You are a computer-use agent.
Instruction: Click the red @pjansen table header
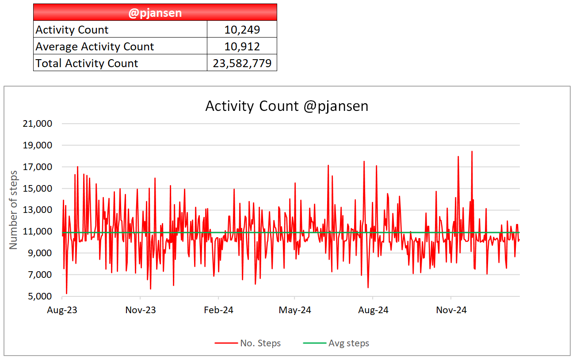coord(155,12)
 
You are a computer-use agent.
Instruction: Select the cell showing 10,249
coord(242,29)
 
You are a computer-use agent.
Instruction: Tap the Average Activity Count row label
coord(95,46)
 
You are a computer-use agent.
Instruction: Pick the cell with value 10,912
coord(242,46)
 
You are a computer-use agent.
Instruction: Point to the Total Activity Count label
coord(87,63)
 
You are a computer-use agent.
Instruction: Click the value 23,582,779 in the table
coord(242,63)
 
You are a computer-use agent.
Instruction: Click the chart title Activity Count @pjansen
coord(287,106)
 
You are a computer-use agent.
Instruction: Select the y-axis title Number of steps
coord(13,210)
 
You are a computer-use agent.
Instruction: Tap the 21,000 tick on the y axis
coord(37,124)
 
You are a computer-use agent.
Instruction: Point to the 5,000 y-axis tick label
coord(40,296)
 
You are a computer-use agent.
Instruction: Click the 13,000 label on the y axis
coord(37,210)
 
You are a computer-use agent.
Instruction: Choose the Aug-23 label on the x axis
coord(62,310)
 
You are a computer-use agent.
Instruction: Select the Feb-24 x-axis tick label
coord(218,310)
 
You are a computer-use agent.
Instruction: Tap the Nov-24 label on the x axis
coord(451,310)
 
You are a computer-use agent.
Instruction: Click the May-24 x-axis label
coord(295,310)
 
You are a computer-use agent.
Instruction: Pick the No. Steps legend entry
coord(248,343)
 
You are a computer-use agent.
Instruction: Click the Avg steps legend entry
coord(336,343)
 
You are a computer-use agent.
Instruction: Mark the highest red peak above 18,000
coord(472,152)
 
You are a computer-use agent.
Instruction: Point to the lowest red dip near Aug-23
coord(67,293)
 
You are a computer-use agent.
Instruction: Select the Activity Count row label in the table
coord(72,30)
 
